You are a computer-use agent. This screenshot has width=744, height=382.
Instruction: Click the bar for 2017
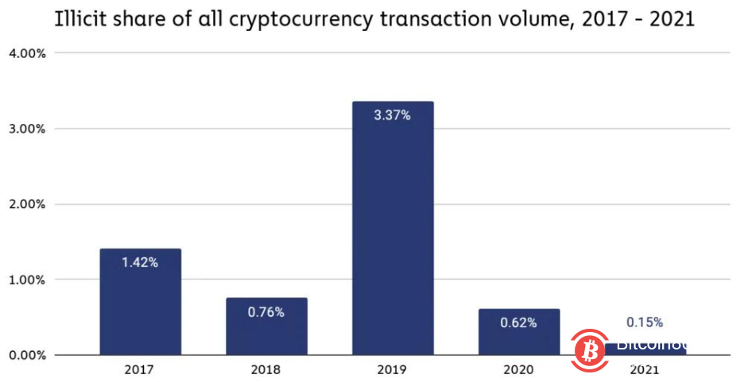click(140, 302)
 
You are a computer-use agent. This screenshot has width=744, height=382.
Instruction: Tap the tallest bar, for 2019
click(393, 230)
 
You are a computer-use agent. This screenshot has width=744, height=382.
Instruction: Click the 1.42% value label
click(140, 263)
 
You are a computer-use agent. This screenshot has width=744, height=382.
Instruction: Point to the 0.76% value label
click(266, 312)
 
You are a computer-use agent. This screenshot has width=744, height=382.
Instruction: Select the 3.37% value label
click(393, 115)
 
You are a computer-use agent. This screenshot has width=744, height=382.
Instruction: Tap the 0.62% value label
click(519, 322)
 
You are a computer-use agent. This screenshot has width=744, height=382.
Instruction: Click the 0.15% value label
click(645, 322)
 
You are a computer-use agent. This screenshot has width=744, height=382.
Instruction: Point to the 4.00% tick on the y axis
click(29, 53)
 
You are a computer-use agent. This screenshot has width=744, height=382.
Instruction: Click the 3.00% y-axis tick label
click(29, 129)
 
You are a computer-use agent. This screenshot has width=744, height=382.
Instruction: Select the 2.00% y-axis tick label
click(29, 204)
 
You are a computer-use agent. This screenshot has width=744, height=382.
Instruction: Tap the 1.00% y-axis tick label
click(29, 280)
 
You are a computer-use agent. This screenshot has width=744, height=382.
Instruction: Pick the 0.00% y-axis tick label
click(29, 355)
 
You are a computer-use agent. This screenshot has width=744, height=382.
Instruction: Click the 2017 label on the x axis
click(140, 370)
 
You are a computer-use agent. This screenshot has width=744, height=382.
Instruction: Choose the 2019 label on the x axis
click(393, 370)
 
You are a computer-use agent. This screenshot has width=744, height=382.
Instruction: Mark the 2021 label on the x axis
click(645, 370)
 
